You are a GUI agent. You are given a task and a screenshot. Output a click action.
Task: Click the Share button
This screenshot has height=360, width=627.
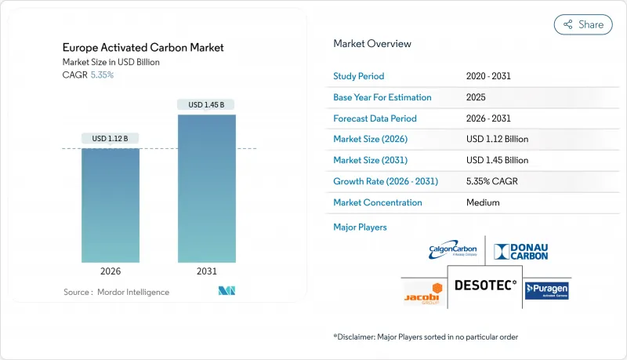[x=583, y=24]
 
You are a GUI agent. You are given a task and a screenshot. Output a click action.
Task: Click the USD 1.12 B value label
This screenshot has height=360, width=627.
[x=111, y=139]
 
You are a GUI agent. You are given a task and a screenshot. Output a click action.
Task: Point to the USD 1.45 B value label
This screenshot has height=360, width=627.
[x=206, y=104]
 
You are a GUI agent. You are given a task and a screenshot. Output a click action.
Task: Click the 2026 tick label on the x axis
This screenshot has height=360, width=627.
[x=111, y=271]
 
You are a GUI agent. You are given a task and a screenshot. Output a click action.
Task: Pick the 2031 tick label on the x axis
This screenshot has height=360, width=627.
[x=206, y=271]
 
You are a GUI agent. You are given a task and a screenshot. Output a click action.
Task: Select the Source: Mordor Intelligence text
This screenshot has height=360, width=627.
[x=116, y=292]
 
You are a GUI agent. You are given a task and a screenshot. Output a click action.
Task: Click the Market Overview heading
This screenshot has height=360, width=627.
[x=371, y=43]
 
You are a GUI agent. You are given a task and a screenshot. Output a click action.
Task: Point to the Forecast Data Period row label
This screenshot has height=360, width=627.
[x=375, y=118]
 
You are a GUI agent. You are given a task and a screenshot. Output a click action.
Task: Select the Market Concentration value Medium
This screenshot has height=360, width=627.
[x=483, y=202]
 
